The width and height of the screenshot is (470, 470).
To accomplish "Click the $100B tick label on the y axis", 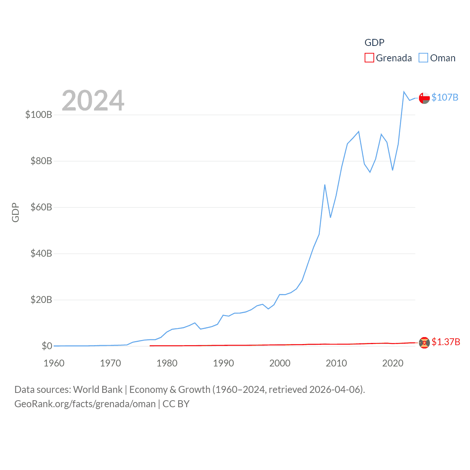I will (39, 115).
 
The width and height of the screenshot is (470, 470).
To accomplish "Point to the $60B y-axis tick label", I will (41, 207).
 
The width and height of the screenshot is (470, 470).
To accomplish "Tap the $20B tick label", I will (41, 300).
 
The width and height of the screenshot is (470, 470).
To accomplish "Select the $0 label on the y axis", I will (47, 346).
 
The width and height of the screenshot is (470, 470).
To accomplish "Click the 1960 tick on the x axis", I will (54, 363).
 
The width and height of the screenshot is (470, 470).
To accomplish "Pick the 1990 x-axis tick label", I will (223, 363).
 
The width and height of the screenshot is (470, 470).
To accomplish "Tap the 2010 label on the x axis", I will (336, 363).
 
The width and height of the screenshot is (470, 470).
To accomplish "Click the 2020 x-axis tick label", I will (393, 363).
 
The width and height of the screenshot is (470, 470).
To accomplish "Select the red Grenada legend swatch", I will (369, 58).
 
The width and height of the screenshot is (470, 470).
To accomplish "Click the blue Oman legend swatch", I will (423, 58).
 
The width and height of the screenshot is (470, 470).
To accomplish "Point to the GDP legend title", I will (374, 43).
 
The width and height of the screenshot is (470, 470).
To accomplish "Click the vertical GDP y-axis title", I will (15, 212).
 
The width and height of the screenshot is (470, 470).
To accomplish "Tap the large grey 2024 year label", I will (93, 101).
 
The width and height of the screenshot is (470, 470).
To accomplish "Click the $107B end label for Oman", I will (445, 97).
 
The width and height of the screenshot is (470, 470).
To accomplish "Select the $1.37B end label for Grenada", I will (446, 342).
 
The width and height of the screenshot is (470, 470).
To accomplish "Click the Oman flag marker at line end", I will (424, 98).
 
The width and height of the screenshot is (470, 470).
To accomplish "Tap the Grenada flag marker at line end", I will (424, 343).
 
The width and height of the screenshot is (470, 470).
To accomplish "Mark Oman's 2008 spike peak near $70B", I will (325, 185).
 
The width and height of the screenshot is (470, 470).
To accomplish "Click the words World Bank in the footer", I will (98, 390).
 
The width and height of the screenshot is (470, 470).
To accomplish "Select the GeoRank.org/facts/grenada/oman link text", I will (85, 404).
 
